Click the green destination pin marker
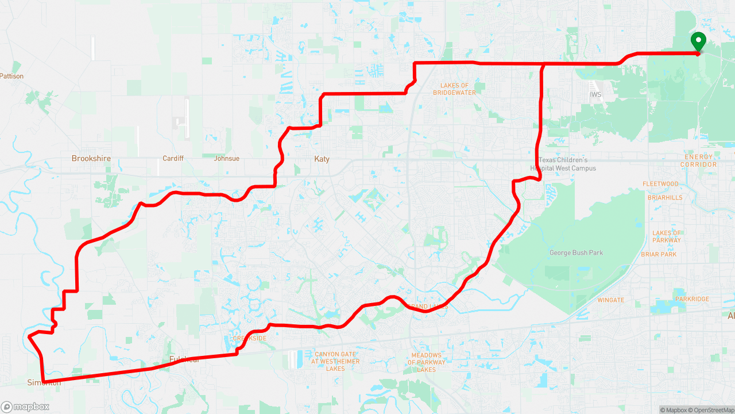[698, 42]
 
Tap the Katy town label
[322, 159]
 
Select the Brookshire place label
[91, 158]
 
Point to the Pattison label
[12, 76]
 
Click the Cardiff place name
[173, 158]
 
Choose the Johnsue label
[226, 158]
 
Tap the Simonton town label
[44, 382]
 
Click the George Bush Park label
[576, 253]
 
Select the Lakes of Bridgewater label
[454, 89]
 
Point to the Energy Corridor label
[698, 160]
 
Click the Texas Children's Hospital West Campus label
[563, 164]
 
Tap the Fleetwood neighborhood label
[660, 184]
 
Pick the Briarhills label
[665, 197]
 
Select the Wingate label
[610, 300]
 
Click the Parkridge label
[692, 299]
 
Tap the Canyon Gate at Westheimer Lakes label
[335, 361]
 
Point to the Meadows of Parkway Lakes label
[426, 362]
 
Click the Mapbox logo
[25, 407]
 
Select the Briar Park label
[659, 254]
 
